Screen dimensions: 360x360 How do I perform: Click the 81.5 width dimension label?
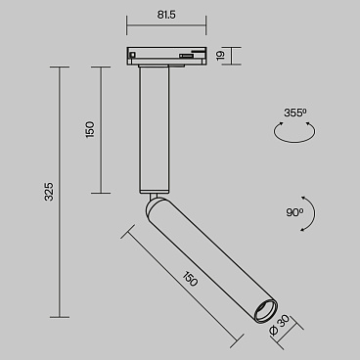164,16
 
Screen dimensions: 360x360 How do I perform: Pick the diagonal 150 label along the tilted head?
189,278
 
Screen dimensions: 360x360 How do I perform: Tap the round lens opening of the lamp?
262,311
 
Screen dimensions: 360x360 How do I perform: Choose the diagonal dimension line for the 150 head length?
180,286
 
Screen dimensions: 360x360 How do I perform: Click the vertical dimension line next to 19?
232,56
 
